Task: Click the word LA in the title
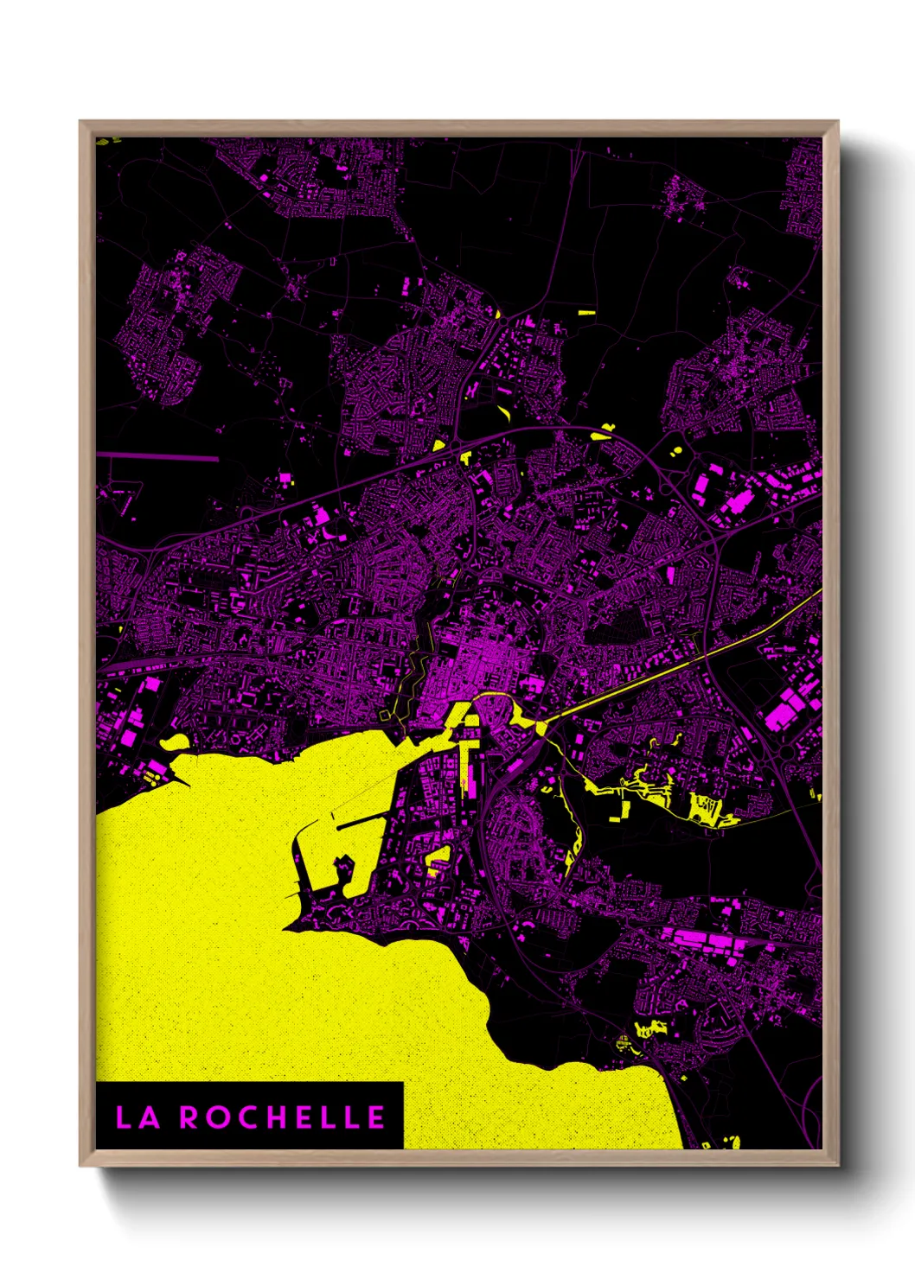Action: click(x=138, y=1117)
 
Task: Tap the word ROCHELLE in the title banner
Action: click(x=282, y=1117)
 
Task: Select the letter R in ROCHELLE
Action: click(x=188, y=1117)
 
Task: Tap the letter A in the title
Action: click(x=149, y=1117)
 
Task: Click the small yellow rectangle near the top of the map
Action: click(x=586, y=312)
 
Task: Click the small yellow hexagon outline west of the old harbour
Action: click(x=385, y=715)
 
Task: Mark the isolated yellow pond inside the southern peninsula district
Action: click(x=439, y=856)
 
